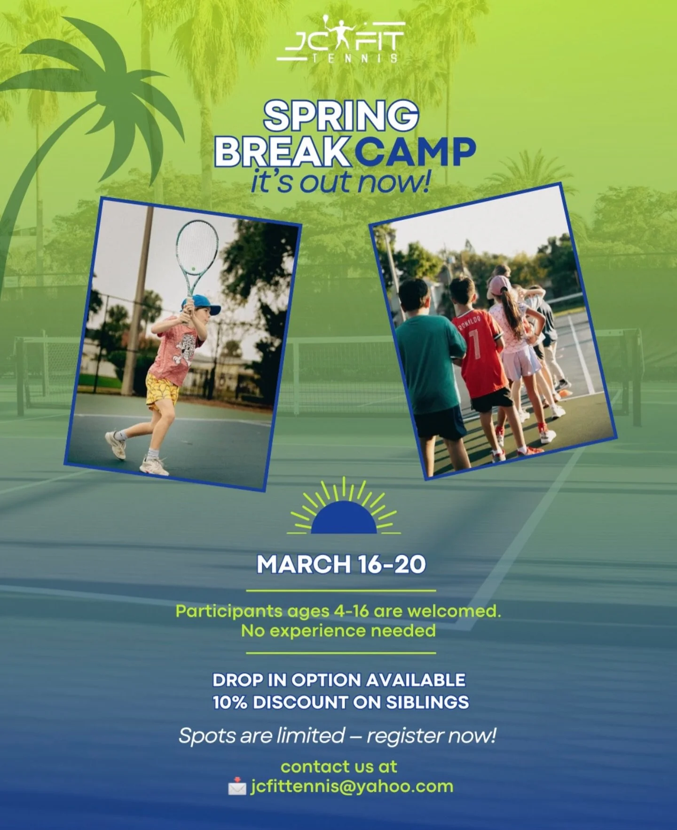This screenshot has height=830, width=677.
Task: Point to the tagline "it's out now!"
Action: coord(340,182)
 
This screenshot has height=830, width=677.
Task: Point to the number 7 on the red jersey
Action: coord(476,343)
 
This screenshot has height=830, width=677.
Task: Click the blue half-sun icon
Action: coord(344,517)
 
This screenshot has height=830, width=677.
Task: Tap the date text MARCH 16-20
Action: coord(341,564)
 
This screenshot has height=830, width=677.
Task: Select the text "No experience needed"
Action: coord(338,631)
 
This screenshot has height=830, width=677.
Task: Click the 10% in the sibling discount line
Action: coord(229,702)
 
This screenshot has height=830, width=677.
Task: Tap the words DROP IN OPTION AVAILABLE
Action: coord(339,680)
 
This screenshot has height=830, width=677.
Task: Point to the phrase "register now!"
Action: coord(431,736)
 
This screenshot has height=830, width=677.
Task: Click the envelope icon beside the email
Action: coord(237,786)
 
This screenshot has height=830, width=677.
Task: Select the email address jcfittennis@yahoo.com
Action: coord(352,786)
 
